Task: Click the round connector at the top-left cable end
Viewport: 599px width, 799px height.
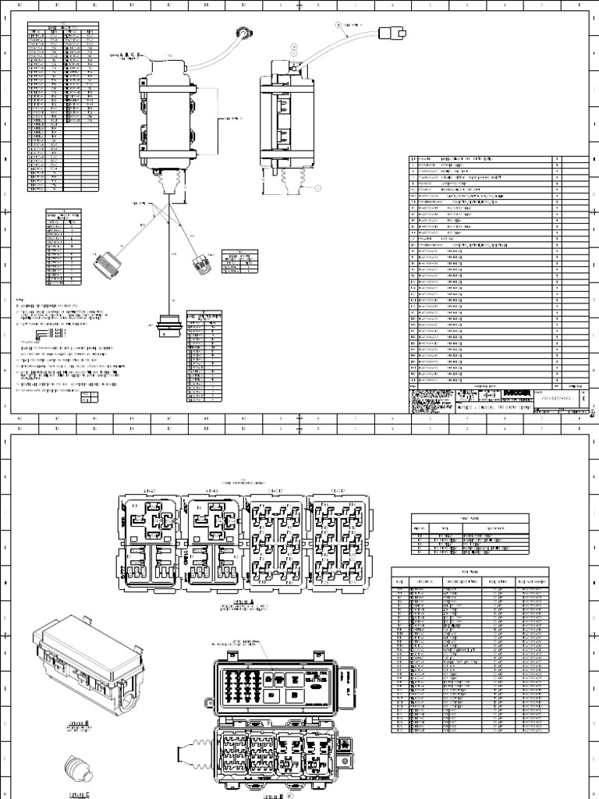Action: click(243, 34)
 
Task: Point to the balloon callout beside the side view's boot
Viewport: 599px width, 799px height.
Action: click(318, 187)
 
